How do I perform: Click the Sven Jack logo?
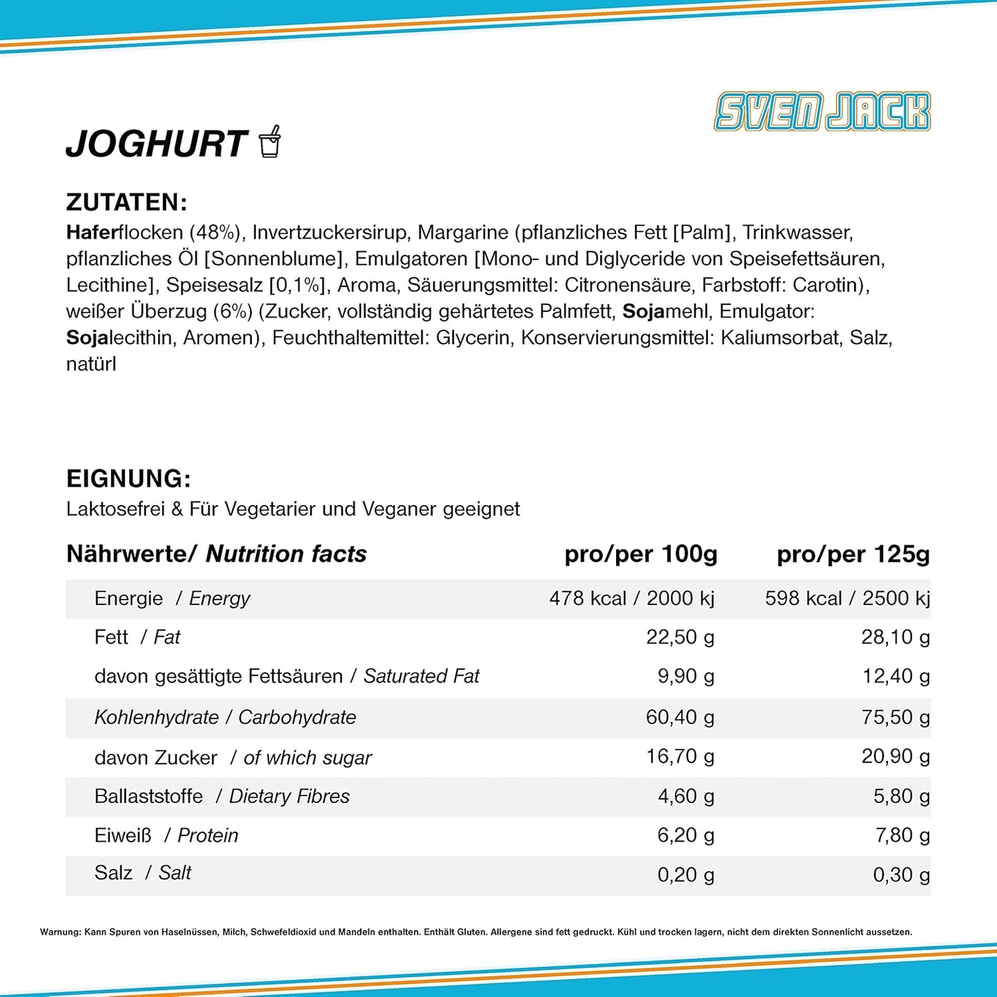[x=822, y=112]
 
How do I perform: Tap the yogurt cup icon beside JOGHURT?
[x=270, y=141]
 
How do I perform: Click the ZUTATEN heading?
[x=126, y=202]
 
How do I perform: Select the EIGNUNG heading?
[x=128, y=478]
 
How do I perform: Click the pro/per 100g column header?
[x=640, y=554]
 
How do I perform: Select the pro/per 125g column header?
[x=853, y=554]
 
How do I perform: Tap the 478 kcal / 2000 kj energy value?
[x=631, y=598]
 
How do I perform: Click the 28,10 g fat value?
[x=895, y=637]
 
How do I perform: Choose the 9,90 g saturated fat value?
[x=685, y=676]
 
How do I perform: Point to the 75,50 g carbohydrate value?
[x=895, y=718]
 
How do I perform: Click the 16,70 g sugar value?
[x=680, y=757]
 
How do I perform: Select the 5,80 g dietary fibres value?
[x=901, y=796]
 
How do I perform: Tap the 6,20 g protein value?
[x=685, y=836]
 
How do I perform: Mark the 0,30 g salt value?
[x=901, y=875]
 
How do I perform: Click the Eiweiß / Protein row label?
[x=166, y=836]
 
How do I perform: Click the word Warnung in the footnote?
[x=60, y=932]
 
